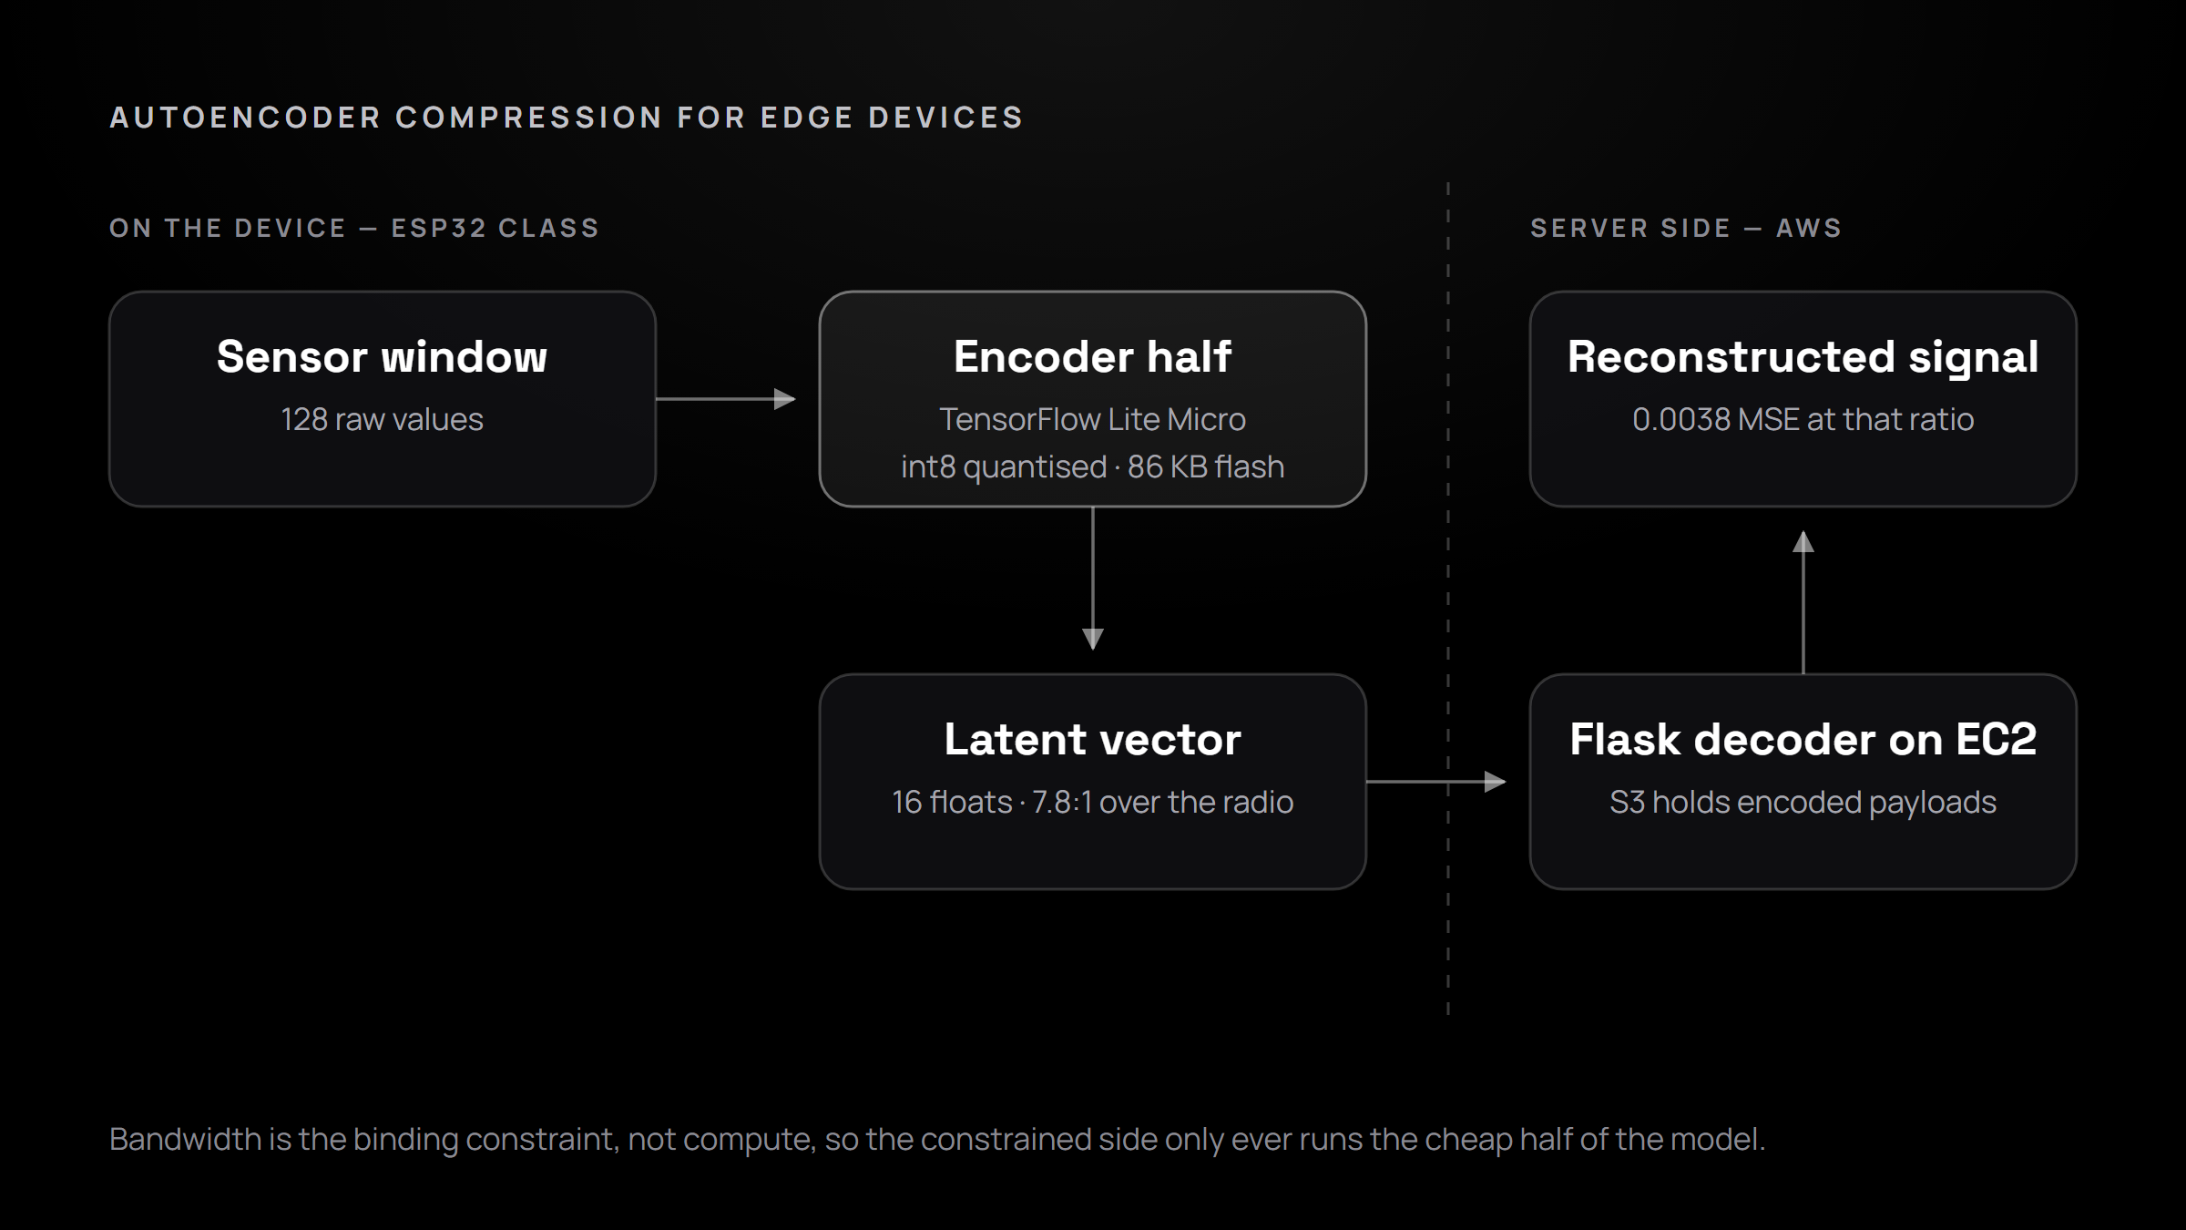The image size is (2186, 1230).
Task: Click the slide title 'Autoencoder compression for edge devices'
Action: click(567, 118)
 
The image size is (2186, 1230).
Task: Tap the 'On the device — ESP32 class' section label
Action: click(354, 228)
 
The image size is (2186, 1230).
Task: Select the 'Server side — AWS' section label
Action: click(1686, 228)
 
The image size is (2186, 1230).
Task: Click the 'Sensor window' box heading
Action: click(383, 356)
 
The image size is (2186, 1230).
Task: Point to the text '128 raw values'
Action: click(383, 419)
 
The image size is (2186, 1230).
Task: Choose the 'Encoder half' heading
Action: click(1093, 356)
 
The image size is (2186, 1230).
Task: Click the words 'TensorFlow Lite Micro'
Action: click(1093, 419)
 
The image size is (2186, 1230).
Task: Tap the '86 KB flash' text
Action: click(1206, 466)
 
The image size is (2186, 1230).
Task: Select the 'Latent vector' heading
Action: click(1093, 739)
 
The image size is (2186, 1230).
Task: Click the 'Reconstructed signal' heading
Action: click(1803, 356)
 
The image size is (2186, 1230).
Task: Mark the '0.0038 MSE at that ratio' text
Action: click(1803, 419)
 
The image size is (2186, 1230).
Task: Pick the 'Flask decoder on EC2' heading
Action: click(1803, 739)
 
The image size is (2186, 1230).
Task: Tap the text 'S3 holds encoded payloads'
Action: click(1803, 802)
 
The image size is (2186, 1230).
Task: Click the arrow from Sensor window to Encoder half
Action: click(726, 399)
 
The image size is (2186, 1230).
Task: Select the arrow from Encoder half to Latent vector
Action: click(1093, 579)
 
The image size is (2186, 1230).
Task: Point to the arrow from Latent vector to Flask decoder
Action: click(1436, 782)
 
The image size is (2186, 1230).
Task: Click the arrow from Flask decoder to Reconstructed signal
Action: click(1803, 602)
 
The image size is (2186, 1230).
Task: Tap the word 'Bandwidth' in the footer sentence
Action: click(185, 1139)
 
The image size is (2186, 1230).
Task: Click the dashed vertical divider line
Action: click(1448, 599)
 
